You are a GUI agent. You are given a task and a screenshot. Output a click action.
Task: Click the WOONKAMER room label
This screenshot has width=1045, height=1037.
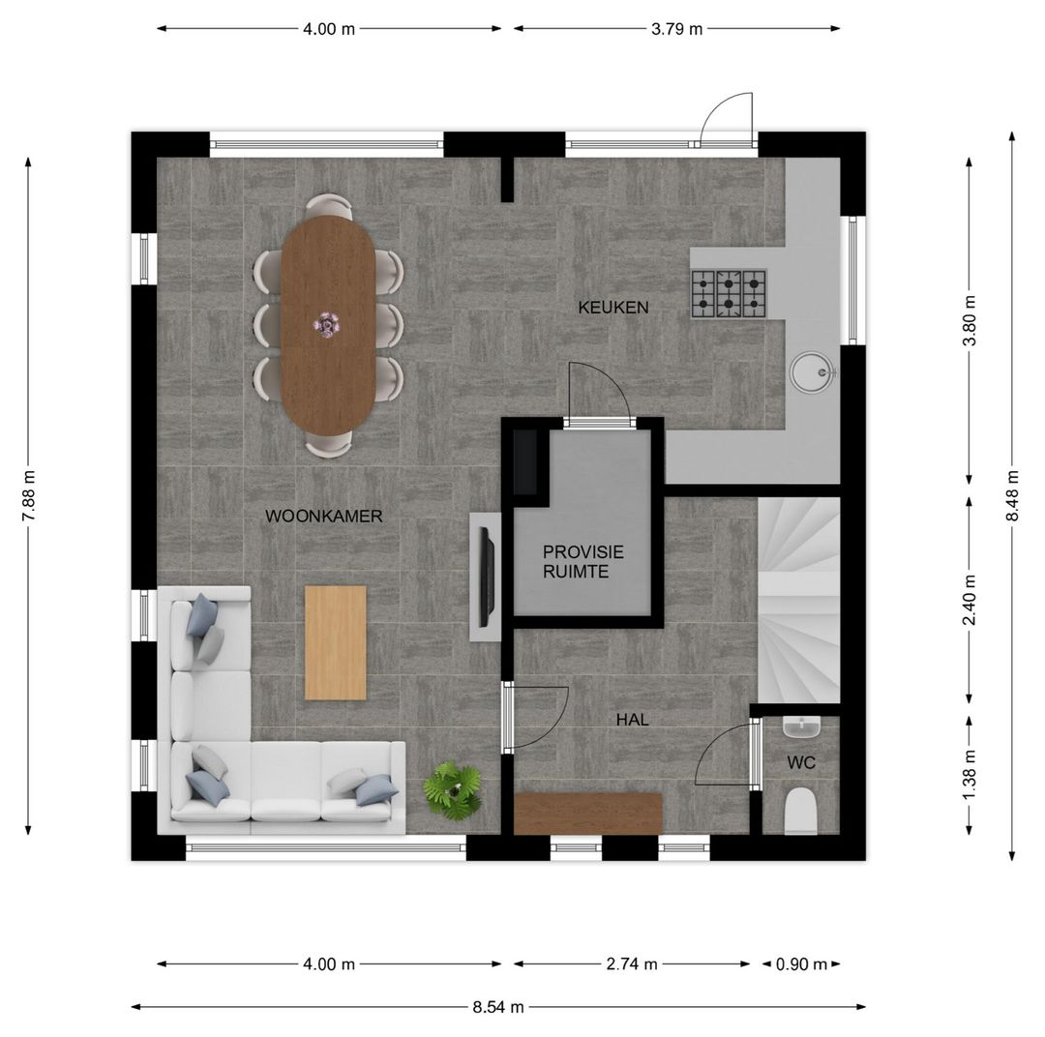324,516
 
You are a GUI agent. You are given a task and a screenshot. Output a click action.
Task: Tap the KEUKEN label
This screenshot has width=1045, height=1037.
613,308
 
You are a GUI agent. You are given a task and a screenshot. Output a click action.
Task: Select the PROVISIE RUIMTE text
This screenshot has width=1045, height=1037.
583,562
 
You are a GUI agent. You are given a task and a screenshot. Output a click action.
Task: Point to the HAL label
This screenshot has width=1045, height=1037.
632,720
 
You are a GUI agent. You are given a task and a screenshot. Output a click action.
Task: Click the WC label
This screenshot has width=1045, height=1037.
801,762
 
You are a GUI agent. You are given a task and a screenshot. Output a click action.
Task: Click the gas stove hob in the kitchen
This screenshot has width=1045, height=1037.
730,293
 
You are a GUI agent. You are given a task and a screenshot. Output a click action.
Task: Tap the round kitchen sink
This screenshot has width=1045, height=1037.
813,371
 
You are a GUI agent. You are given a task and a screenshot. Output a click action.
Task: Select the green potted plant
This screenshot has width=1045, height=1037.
453,790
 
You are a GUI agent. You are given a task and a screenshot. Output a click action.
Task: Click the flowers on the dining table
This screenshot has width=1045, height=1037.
327,325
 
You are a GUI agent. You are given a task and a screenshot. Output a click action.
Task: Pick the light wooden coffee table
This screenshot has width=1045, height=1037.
335,642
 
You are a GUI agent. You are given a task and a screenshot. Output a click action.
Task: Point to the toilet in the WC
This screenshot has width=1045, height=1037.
800,811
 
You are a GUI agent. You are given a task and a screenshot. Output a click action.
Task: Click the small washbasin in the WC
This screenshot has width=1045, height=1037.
801,727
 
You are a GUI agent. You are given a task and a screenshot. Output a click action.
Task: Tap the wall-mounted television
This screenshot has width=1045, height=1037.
488,578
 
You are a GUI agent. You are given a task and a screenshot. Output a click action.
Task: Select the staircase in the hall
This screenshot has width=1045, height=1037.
798,601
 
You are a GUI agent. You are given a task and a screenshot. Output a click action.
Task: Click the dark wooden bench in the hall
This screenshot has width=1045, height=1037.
588,814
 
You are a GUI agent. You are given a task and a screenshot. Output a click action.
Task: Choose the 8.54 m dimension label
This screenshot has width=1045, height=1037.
498,1007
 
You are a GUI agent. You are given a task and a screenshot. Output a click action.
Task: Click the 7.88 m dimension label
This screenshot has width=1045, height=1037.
29,496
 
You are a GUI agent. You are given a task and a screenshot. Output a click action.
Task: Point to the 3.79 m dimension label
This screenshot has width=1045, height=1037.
676,29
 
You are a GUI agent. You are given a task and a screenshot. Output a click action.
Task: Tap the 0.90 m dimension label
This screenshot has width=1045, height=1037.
801,963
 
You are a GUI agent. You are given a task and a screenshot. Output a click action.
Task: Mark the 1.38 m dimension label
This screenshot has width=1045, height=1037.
969,775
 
